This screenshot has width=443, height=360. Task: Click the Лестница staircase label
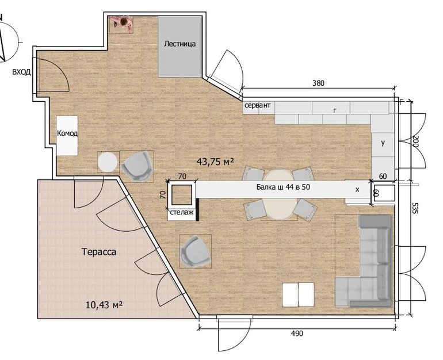click(180, 44)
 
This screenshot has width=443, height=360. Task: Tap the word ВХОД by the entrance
click(21, 72)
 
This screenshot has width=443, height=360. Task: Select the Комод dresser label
click(67, 133)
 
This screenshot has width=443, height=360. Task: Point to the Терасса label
click(99, 251)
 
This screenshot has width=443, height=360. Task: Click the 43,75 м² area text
click(215, 162)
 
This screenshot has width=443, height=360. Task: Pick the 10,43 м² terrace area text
click(104, 305)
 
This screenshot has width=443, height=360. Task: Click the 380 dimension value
click(318, 83)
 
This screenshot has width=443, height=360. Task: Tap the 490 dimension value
click(297, 334)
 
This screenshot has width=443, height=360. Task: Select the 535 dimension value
click(414, 208)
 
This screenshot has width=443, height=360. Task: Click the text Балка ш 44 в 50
click(283, 187)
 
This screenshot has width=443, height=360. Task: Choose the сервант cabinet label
click(257, 105)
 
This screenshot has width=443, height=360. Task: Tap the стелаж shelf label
click(181, 212)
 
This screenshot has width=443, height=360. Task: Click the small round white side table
click(108, 162)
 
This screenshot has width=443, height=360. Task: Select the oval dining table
click(279, 194)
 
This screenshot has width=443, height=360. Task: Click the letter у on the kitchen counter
click(383, 143)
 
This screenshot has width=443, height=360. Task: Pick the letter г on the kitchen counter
click(335, 110)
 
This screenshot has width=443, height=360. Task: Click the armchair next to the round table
click(136, 166)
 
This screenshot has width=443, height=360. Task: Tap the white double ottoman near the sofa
click(299, 294)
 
